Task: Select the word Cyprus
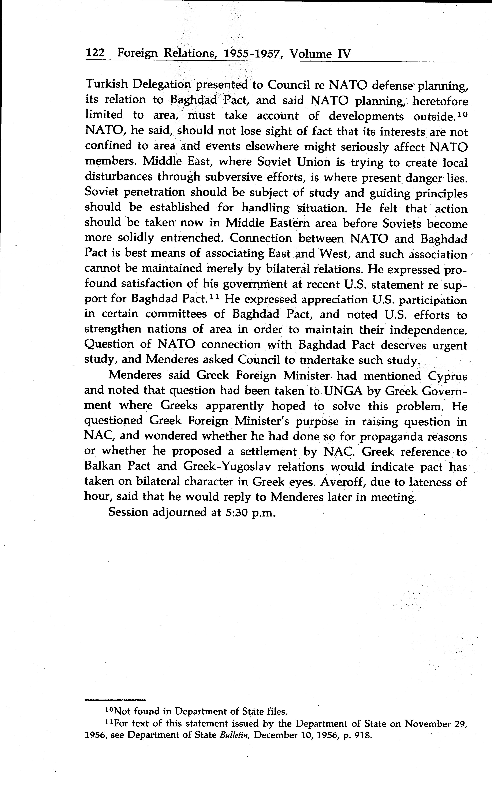447,376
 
